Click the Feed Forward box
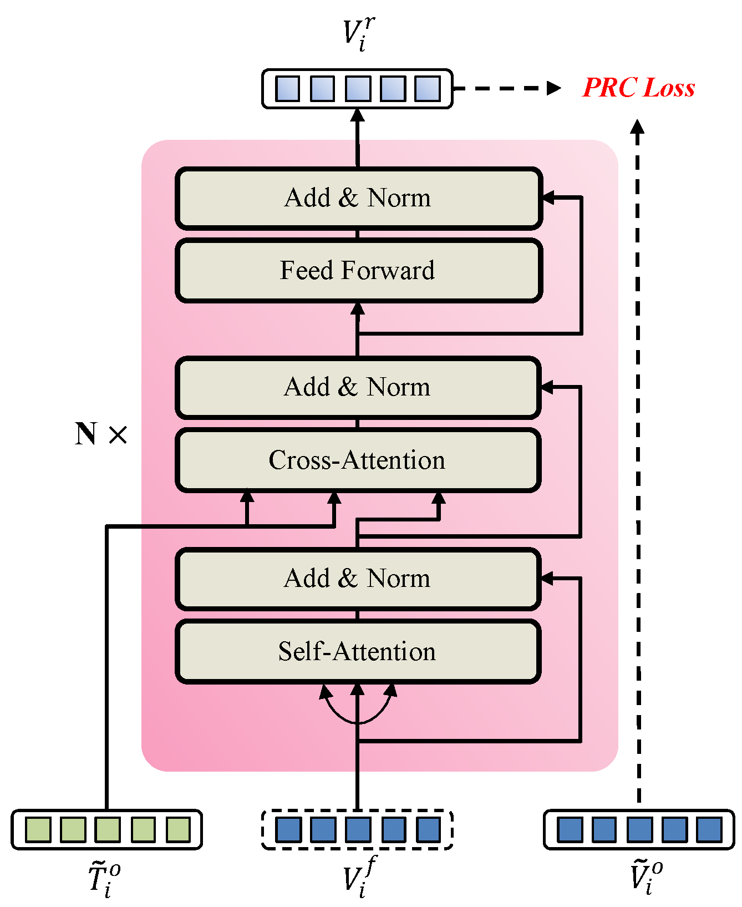(x=358, y=271)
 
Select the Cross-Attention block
(x=358, y=460)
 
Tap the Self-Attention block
(x=358, y=651)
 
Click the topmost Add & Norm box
(x=358, y=198)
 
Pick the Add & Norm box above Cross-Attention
(x=358, y=387)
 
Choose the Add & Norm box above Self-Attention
(x=358, y=579)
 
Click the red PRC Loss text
(x=638, y=88)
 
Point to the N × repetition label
(x=101, y=434)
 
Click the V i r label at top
(x=358, y=33)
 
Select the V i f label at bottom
(x=358, y=878)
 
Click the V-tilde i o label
(x=646, y=876)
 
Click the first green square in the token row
(x=38, y=830)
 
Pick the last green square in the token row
(x=177, y=830)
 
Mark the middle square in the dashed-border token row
(x=358, y=830)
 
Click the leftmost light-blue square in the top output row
(x=287, y=88)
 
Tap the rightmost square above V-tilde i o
(x=709, y=830)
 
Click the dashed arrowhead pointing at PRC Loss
(x=554, y=88)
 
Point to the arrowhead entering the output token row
(x=358, y=115)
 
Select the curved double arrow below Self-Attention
(x=358, y=710)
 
